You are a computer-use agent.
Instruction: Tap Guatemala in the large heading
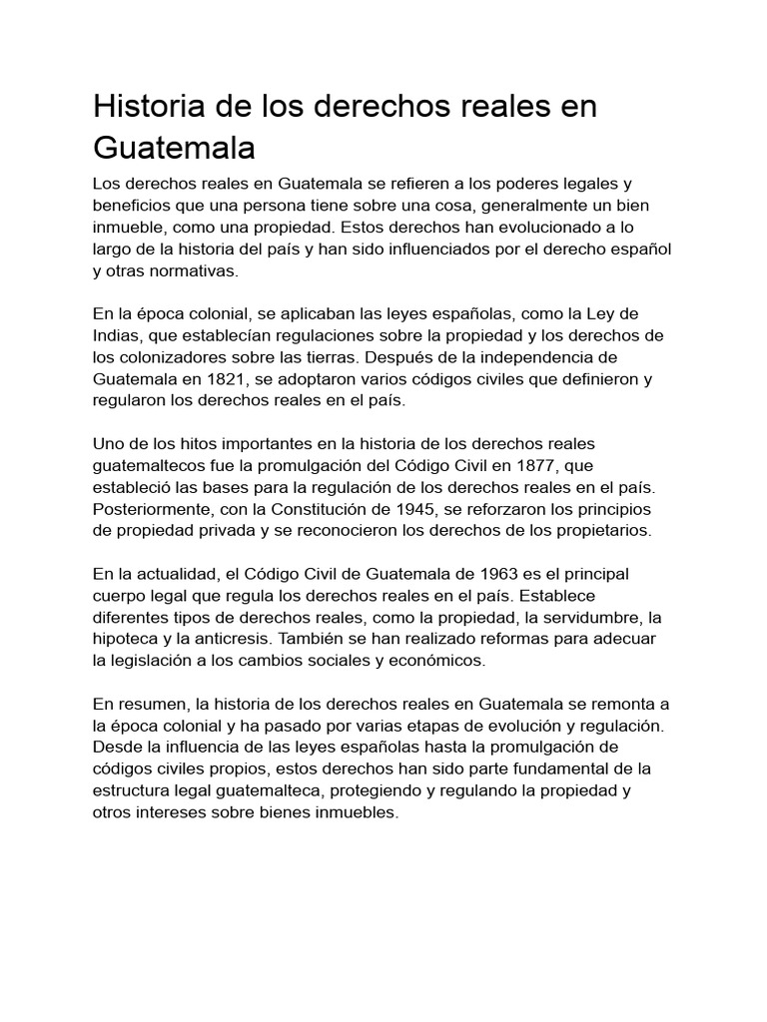tap(174, 148)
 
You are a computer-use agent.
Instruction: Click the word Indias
tap(117, 335)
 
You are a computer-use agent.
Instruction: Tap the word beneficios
tap(134, 206)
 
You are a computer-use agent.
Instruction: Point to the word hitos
tap(200, 443)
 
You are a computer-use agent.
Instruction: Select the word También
tap(318, 639)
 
